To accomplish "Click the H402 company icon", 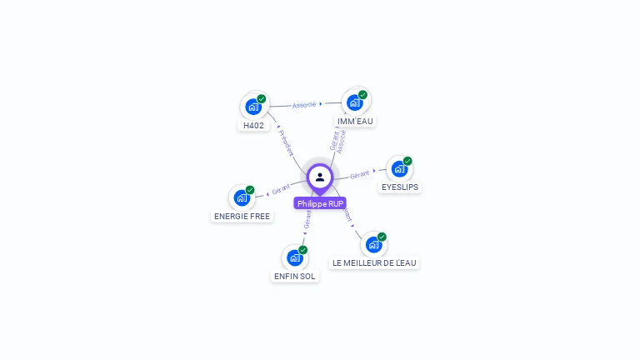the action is [x=253, y=107].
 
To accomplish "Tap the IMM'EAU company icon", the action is [x=356, y=102].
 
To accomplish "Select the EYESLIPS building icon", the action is [x=400, y=169].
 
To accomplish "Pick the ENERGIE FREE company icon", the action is [x=242, y=197].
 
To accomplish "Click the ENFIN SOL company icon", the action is [x=295, y=257].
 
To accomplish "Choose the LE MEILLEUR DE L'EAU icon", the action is [x=373, y=245].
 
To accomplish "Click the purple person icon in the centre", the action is [x=320, y=177].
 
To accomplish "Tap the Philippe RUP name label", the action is [x=320, y=203].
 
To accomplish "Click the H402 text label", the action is [x=253, y=126].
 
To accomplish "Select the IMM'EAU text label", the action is [x=356, y=121].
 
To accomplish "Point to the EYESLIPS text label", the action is [x=400, y=187].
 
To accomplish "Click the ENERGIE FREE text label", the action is [x=242, y=216].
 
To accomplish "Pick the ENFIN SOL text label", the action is [x=295, y=276].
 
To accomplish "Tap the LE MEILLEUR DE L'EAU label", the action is [x=373, y=262].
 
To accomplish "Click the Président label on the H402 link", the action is [x=285, y=142].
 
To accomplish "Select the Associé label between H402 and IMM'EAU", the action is [x=304, y=105].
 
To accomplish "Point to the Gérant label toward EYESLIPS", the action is [x=360, y=175].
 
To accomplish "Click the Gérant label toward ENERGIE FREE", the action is [x=281, y=189].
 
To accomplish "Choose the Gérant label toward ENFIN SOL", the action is [x=307, y=219].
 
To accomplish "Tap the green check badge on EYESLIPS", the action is [x=407, y=161].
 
